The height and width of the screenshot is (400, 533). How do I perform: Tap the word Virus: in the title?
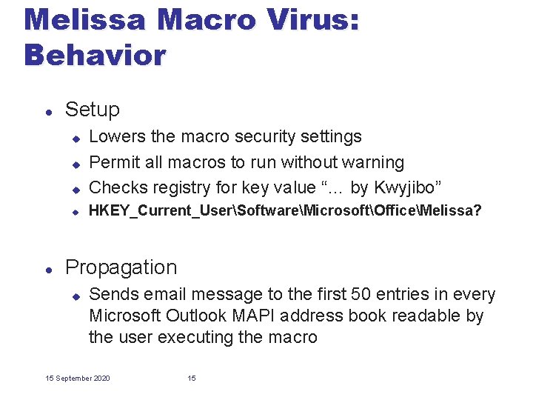(x=312, y=19)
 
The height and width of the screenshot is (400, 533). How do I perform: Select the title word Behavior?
(x=95, y=55)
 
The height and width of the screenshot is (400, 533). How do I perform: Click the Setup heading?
(x=92, y=110)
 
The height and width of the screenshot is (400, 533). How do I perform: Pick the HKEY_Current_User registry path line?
(x=285, y=211)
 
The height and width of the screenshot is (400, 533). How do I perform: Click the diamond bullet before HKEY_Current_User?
(x=75, y=212)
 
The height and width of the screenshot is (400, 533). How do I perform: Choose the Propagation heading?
(x=121, y=267)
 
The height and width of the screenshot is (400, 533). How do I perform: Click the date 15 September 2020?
(x=78, y=379)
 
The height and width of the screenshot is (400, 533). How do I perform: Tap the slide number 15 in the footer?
(x=192, y=379)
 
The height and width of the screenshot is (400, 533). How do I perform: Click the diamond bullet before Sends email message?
(x=75, y=296)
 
